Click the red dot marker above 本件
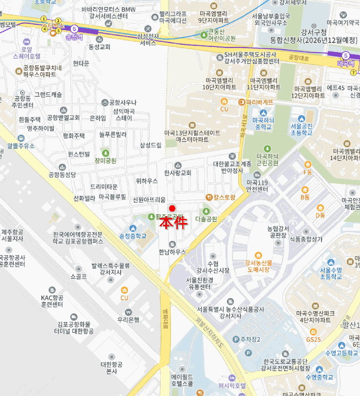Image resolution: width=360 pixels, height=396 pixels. [173, 208]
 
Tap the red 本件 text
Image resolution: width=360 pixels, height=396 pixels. [173, 222]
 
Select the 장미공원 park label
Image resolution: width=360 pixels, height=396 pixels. [106, 160]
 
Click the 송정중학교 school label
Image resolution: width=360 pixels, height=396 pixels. [132, 235]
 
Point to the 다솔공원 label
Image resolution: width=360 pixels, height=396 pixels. [206, 218]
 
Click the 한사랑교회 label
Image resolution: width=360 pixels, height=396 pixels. [178, 173]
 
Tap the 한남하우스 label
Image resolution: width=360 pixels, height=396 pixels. [173, 251]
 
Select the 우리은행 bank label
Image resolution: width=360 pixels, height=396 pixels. [128, 320]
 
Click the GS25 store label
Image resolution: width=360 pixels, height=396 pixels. [313, 339]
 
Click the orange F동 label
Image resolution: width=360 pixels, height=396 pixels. [307, 171]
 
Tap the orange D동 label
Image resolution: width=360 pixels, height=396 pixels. [320, 215]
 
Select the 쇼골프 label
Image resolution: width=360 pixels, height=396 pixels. [79, 277]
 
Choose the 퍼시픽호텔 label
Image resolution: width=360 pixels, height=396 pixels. [224, 385]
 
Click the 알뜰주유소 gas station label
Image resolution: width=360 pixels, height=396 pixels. [22, 145]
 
